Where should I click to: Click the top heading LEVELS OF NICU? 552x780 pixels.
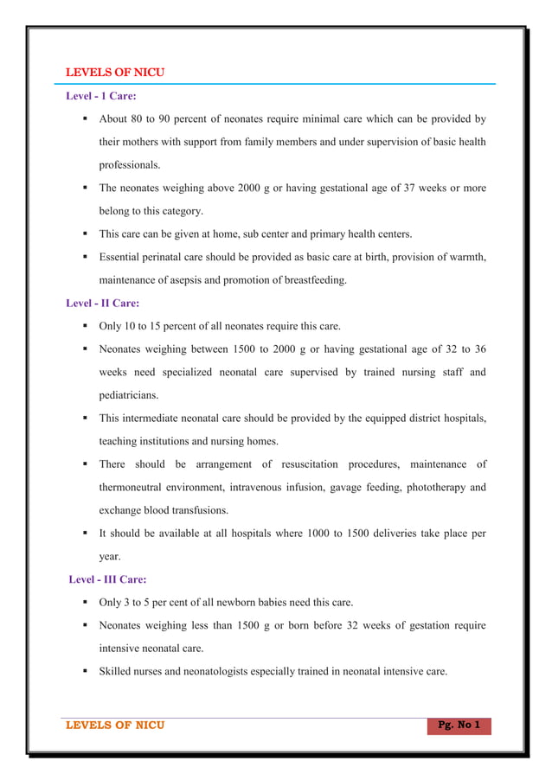tap(115, 72)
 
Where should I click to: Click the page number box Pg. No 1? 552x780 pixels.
tap(459, 725)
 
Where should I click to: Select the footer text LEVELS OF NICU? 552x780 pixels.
tap(115, 725)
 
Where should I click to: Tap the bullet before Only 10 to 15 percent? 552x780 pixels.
tap(87, 327)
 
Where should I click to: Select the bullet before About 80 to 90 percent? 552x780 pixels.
tap(87, 119)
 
